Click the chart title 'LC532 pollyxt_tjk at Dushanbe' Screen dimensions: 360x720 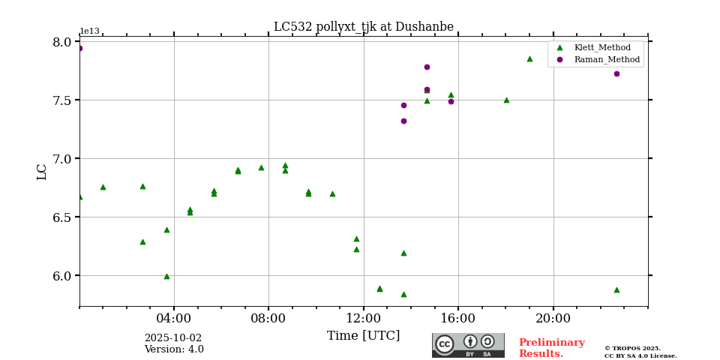(363, 27)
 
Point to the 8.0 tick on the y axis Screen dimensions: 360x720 (61, 42)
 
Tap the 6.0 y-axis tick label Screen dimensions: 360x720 (61, 276)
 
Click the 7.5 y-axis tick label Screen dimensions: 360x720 (61, 100)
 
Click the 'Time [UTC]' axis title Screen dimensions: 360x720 (363, 336)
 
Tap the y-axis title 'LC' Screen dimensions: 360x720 (42, 172)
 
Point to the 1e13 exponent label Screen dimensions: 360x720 (89, 31)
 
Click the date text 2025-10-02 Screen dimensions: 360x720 (172, 338)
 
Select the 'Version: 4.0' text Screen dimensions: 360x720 (174, 349)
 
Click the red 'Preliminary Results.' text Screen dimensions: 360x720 (551, 348)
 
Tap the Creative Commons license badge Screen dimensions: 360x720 (468, 345)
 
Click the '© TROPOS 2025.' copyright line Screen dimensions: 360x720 (632, 348)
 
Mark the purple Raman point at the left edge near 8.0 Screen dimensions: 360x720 (79, 48)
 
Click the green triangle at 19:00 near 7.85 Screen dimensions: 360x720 (529, 58)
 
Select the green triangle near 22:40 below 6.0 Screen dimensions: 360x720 (616, 289)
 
